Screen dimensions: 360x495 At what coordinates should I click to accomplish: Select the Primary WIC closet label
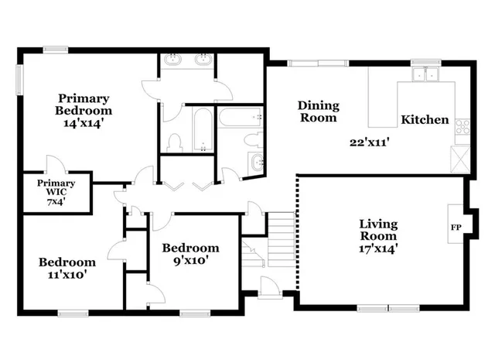(x=56, y=187)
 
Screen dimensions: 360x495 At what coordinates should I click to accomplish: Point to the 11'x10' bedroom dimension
(x=67, y=275)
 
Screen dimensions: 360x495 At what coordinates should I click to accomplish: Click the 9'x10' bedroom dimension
(x=189, y=261)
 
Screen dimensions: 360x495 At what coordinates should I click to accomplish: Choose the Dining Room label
(x=317, y=111)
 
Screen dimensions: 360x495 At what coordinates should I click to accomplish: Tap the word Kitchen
(x=424, y=120)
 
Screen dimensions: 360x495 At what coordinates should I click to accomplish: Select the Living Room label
(x=378, y=231)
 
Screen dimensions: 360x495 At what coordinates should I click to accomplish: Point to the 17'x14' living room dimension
(x=378, y=249)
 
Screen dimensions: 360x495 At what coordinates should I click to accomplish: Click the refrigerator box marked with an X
(x=462, y=157)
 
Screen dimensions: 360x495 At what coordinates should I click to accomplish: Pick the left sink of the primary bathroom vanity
(x=172, y=60)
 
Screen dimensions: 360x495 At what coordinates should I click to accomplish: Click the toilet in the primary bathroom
(x=175, y=142)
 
